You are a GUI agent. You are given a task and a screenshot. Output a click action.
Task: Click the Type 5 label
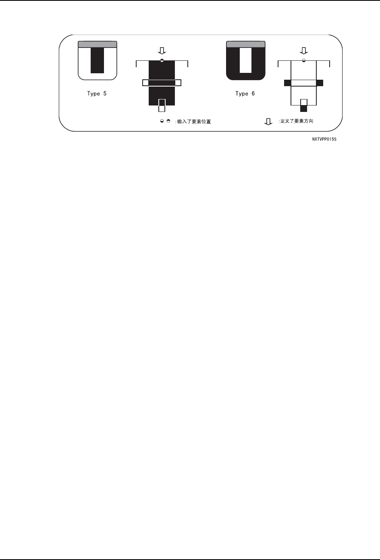(97, 94)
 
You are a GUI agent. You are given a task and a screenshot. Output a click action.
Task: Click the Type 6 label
(245, 94)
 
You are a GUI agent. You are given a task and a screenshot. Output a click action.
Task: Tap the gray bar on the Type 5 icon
(97, 45)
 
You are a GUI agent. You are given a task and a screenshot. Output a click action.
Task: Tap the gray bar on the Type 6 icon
(245, 45)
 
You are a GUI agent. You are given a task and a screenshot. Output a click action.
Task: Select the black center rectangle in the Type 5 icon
(97, 60)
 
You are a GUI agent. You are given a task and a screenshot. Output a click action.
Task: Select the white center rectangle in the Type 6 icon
(245, 60)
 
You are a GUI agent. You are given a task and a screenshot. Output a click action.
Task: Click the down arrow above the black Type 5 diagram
(162, 51)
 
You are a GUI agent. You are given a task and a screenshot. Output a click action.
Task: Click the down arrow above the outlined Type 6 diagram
(304, 51)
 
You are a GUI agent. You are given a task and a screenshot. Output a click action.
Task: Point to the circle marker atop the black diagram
(162, 60)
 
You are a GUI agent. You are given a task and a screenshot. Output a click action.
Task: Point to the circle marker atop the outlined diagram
(304, 60)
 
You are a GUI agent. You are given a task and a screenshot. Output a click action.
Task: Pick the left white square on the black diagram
(145, 83)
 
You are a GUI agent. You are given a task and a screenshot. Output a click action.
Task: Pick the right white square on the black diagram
(178, 83)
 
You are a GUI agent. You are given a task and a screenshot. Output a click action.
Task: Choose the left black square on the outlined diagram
(287, 83)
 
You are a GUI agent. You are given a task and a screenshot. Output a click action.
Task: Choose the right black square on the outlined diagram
(320, 83)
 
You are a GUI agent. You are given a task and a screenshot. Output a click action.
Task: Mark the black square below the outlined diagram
(304, 108)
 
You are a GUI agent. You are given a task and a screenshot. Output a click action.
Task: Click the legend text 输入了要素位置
(194, 122)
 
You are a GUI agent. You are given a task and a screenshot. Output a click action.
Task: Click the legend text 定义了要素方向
(296, 121)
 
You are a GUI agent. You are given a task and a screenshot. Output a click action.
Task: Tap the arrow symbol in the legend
(268, 122)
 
